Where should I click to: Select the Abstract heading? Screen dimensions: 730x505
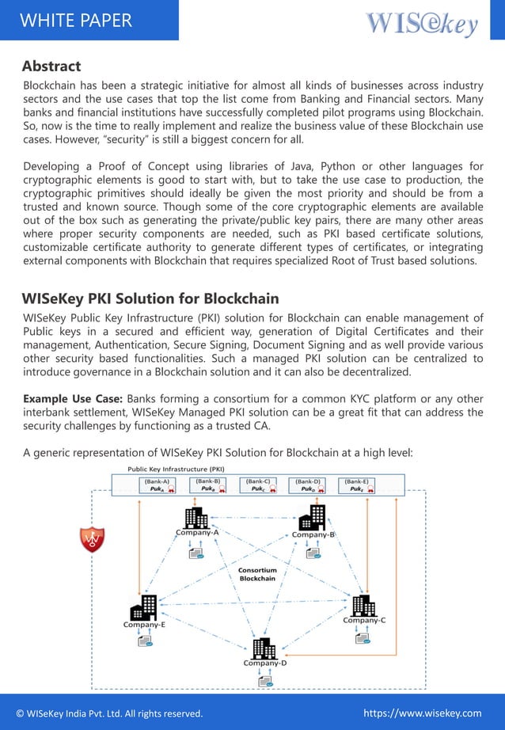51,66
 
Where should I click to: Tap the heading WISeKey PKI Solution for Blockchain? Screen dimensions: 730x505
150,298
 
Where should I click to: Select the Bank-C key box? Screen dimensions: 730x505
260,485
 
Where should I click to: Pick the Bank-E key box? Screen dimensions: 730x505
358,485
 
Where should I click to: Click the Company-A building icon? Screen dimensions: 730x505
196,518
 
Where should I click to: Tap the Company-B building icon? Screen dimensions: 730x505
312,518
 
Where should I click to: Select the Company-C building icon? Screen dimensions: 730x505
363,605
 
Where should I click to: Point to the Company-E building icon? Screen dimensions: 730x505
143,610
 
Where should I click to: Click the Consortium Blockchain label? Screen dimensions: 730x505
258,574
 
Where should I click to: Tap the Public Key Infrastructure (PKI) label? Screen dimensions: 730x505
176,469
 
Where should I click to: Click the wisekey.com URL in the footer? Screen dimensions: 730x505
422,713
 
